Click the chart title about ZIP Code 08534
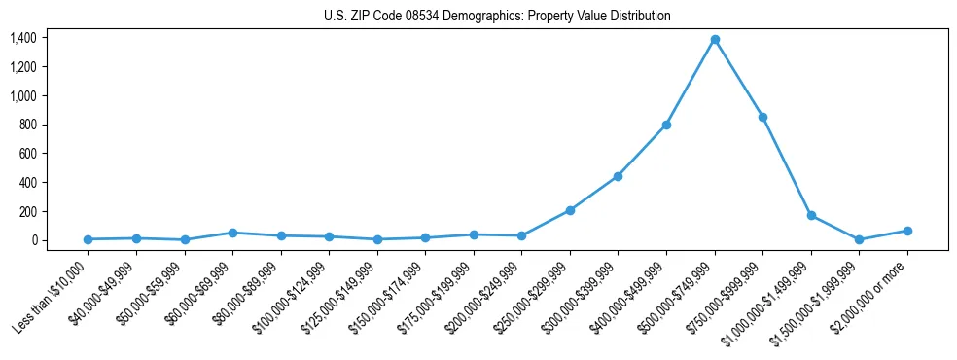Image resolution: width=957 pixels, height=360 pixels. [x=497, y=17]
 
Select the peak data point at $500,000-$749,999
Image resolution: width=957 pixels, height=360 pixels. [x=715, y=40]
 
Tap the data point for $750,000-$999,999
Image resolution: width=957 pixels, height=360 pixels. [x=762, y=117]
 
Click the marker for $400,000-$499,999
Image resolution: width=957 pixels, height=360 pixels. [x=666, y=125]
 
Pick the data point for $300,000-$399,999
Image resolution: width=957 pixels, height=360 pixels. [x=618, y=176]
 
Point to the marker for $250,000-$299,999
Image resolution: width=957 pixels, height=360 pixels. [x=570, y=210]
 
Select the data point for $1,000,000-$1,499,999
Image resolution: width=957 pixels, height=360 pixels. [x=811, y=215]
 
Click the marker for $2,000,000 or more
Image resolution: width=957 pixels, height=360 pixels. [x=907, y=231]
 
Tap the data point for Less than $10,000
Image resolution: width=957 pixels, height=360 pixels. [x=88, y=239]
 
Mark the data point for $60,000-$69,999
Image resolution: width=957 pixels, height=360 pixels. [x=232, y=233]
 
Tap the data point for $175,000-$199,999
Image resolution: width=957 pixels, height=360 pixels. [x=474, y=234]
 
